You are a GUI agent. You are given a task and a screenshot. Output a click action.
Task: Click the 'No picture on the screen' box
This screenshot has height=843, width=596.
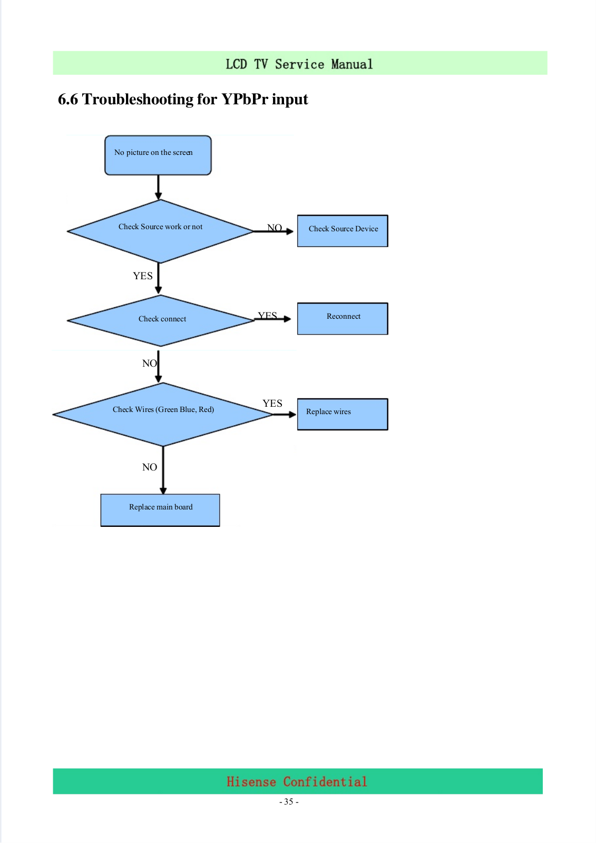158,155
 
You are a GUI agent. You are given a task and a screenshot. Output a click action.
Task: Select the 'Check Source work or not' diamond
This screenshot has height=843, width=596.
160,231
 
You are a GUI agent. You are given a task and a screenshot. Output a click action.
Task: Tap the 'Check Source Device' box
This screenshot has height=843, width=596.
343,231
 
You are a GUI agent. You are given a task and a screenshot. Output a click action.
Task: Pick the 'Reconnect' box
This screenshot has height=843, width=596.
343,318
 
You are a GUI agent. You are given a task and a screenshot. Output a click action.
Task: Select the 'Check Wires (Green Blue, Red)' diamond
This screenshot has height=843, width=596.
163,414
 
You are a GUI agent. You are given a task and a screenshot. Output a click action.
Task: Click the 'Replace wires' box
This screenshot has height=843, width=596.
343,414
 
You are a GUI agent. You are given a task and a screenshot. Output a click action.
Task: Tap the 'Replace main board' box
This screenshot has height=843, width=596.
160,510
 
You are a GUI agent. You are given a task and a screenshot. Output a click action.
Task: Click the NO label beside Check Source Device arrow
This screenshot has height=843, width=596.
275,227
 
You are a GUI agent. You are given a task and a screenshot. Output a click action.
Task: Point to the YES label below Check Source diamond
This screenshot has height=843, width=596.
143,276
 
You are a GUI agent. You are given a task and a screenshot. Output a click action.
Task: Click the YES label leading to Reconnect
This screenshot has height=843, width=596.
267,316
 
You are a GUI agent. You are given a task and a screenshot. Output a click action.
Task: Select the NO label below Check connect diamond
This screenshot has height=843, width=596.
150,363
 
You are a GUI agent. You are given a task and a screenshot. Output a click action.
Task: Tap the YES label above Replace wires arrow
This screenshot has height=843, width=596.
272,404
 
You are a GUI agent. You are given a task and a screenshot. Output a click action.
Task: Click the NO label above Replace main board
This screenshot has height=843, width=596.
150,467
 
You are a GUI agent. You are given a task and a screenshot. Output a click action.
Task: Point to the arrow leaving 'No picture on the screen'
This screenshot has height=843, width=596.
158,188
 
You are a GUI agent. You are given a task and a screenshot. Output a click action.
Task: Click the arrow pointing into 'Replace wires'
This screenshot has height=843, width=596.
285,414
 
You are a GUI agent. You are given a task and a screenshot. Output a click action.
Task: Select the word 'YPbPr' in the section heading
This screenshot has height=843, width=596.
245,99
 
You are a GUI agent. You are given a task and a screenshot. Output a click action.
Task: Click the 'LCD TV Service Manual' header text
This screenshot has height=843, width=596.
299,64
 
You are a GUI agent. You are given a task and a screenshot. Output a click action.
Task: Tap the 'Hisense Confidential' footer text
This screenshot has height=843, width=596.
297,782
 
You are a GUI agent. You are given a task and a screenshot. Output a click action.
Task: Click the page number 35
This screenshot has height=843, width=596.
289,801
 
